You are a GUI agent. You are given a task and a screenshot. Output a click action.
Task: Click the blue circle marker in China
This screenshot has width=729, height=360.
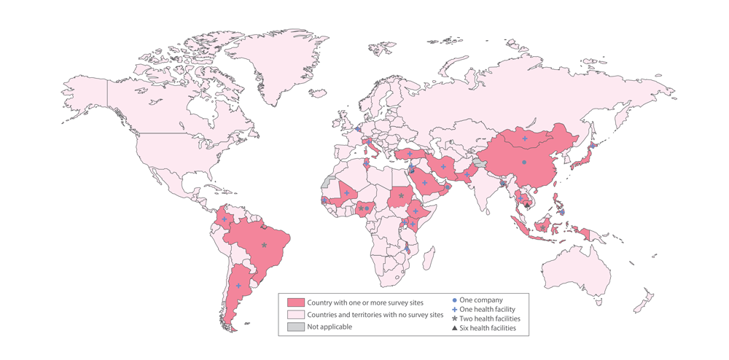coord(523,163)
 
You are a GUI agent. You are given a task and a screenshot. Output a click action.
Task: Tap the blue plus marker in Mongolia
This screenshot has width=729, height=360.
coord(525,138)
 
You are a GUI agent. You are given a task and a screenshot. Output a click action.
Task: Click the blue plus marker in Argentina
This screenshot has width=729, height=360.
coord(238,286)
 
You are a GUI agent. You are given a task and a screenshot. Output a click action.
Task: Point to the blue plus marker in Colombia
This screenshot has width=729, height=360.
coord(224,219)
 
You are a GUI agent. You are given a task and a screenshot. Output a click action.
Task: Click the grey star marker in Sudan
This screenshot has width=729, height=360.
coord(400,195)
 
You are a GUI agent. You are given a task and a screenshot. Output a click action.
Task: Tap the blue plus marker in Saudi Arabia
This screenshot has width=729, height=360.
coord(424,183)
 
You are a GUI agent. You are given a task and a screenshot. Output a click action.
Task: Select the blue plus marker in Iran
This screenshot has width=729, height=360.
coord(443,166)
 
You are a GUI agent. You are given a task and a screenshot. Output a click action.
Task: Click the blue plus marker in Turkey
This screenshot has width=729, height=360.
coord(410,154)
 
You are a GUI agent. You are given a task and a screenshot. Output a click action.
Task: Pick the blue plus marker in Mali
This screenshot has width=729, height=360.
coord(347,193)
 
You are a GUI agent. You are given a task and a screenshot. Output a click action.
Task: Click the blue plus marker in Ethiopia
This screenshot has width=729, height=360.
coord(416,211)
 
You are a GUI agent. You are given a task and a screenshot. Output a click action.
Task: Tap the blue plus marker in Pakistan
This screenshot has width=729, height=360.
coord(467,174)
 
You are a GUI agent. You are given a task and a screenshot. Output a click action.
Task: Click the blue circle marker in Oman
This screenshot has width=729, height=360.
coord(447,187)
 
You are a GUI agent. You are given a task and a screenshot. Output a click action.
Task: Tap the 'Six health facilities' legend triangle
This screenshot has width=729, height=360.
coord(454,328)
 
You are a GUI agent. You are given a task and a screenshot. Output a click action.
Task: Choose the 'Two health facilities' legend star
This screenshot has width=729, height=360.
coord(454,318)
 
